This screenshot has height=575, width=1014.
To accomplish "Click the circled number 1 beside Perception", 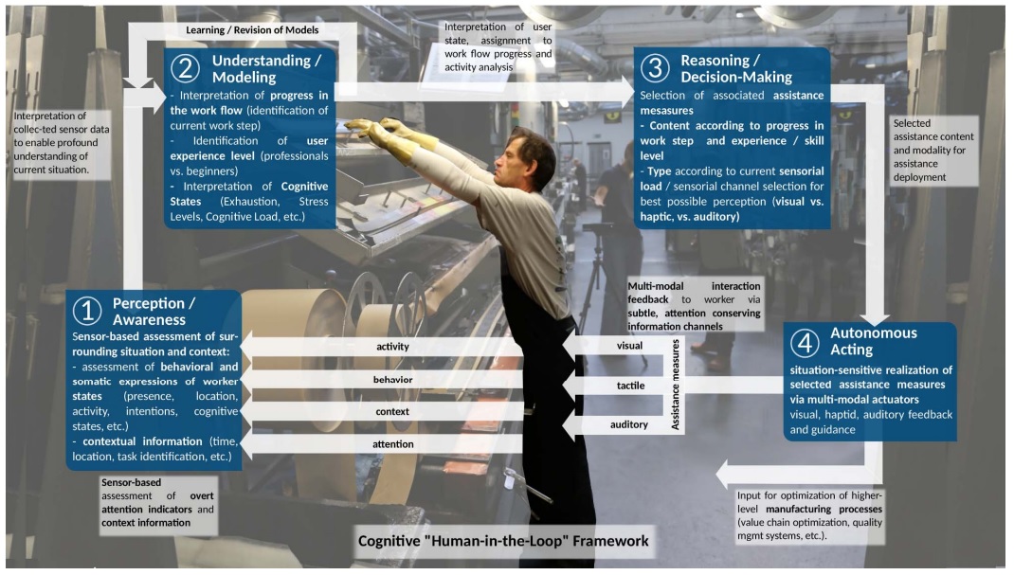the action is click(x=87, y=311).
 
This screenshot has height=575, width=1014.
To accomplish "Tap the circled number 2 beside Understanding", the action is click(x=186, y=68).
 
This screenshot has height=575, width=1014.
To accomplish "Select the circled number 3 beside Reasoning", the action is click(x=655, y=68).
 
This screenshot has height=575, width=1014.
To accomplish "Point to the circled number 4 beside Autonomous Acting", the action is click(x=805, y=342).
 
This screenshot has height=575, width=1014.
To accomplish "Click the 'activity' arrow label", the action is click(x=392, y=347).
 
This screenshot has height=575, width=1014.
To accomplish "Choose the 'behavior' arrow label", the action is click(x=392, y=379).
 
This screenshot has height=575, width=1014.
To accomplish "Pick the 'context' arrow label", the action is click(x=392, y=411).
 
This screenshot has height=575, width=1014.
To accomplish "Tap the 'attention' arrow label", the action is click(x=392, y=444).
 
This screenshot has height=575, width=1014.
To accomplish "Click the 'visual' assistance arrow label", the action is click(x=629, y=346).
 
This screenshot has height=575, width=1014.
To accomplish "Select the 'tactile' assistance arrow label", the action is click(x=630, y=386).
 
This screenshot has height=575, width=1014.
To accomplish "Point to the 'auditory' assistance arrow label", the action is click(x=629, y=424).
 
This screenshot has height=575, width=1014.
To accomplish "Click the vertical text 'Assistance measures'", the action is click(x=675, y=385).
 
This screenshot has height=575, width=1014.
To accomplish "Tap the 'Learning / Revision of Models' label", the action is click(x=252, y=29).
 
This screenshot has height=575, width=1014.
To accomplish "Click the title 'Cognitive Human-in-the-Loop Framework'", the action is click(x=503, y=541).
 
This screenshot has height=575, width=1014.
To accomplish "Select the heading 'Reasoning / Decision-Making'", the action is click(x=736, y=68).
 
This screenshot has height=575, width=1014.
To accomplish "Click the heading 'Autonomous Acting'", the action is click(x=873, y=341).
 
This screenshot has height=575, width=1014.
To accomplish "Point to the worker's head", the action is click(x=531, y=156).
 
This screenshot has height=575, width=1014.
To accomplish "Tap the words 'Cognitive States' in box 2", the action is click(x=250, y=194).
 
